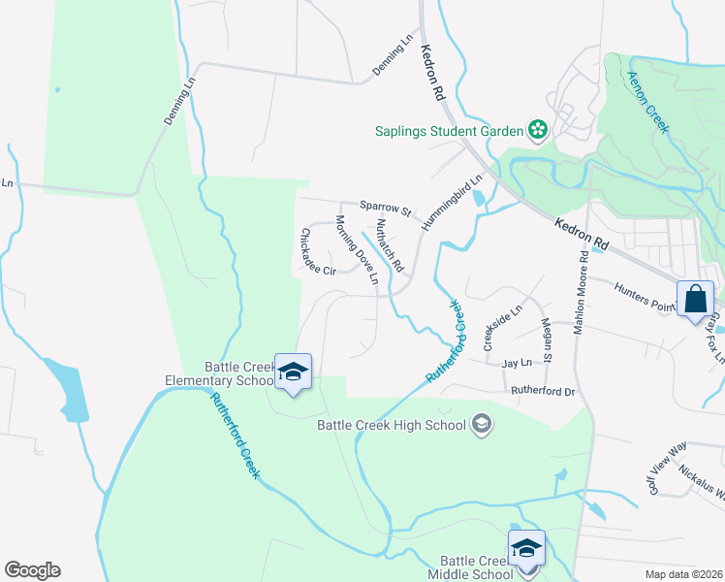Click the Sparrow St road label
[x=386, y=207]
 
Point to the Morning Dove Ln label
[x=357, y=249]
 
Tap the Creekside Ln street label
[x=503, y=327]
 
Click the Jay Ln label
[x=518, y=363]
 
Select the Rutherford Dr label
[x=544, y=391]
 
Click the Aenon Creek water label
[x=647, y=102]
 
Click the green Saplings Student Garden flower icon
[x=537, y=129]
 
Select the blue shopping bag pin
[x=696, y=298]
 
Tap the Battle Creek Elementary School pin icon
[x=293, y=372]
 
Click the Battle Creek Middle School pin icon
[x=526, y=548]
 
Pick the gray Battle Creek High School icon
[x=482, y=424]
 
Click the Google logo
[x=32, y=570]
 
